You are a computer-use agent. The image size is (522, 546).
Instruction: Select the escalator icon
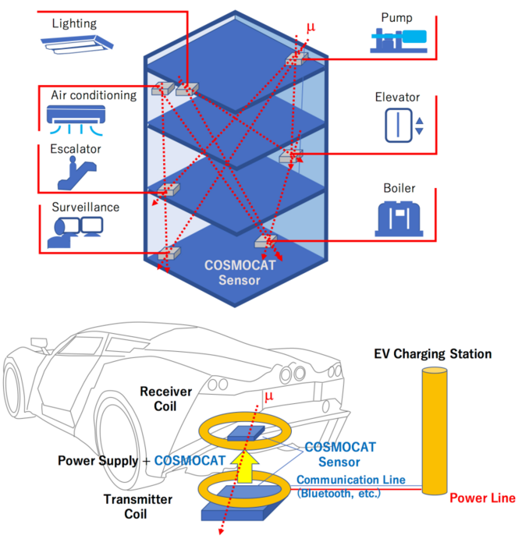coord(75,172)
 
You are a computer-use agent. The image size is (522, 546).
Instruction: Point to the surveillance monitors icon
coord(75,230)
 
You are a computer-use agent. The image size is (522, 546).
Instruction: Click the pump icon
coord(399,39)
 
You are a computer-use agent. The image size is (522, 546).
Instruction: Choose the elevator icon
coord(403,126)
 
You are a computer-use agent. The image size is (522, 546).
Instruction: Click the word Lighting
coord(74,23)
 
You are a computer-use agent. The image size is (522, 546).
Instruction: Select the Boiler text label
coord(399,189)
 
